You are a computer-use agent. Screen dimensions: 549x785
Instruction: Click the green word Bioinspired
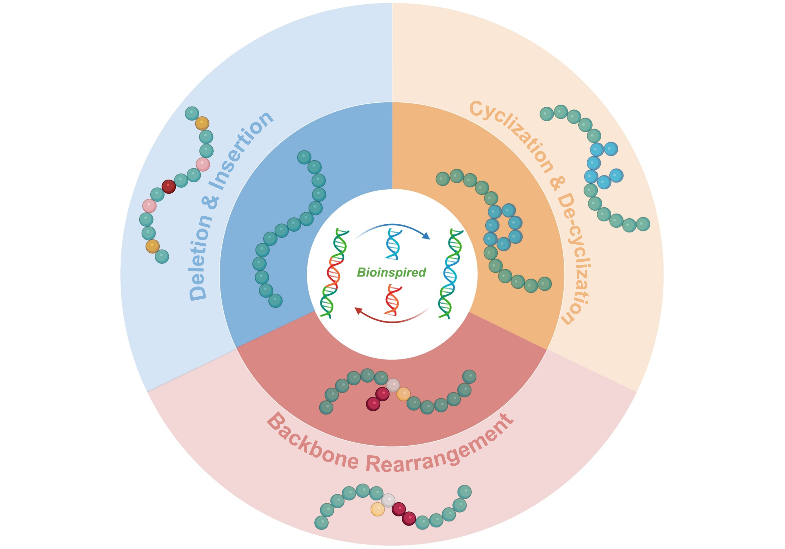pos(391,272)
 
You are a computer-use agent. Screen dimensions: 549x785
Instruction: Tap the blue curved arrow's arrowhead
pos(426,236)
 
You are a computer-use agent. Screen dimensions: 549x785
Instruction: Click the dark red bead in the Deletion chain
pos(169,186)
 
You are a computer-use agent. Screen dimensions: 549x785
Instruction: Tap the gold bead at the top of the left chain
pos(202,123)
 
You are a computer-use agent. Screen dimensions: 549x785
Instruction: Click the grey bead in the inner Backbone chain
pos(393,385)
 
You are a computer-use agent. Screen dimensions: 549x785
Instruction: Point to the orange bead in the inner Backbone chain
pos(404,394)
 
